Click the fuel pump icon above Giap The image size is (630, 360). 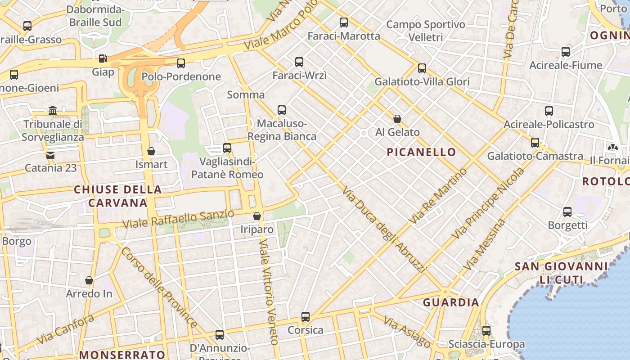click(x=103, y=58)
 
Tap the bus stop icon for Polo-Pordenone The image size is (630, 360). click(x=181, y=63)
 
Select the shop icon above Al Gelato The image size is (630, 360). click(x=397, y=119)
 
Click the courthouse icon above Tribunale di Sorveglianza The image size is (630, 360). click(x=53, y=110)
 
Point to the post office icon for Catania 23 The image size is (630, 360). click(x=50, y=155)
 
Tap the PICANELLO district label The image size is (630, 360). click(x=422, y=152)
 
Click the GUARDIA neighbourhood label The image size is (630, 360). click(x=451, y=302)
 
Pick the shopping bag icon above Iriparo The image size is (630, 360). click(x=257, y=216)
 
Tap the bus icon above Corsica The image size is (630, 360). click(x=306, y=317)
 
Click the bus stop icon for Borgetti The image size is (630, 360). click(x=567, y=211)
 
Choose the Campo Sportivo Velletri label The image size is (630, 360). click(x=426, y=31)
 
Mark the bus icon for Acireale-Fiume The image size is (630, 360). click(x=566, y=52)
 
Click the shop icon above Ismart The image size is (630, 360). click(x=151, y=151)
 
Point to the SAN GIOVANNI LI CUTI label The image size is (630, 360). click(x=562, y=273)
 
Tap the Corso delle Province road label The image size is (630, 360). click(x=158, y=287)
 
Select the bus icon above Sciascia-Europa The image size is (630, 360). click(x=486, y=331)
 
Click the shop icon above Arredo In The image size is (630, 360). click(x=89, y=280)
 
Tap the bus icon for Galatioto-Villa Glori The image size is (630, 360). click(x=422, y=68)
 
